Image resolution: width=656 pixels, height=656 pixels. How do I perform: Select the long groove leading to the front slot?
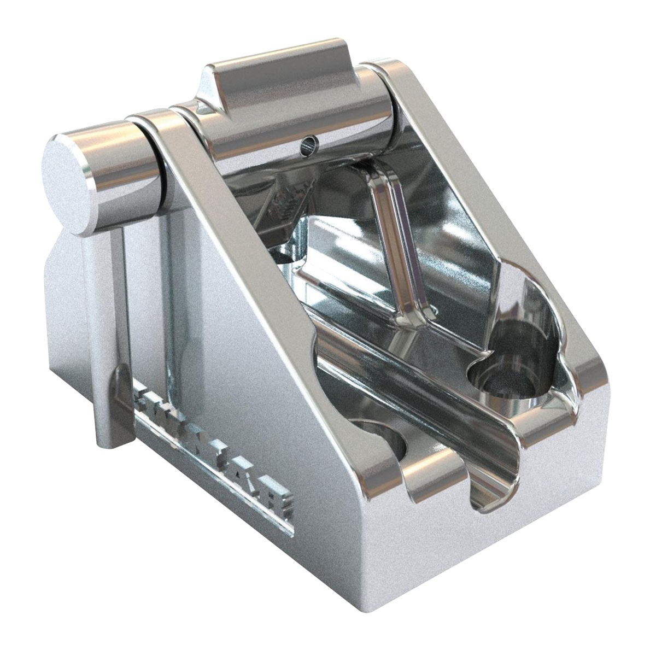[415, 394]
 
